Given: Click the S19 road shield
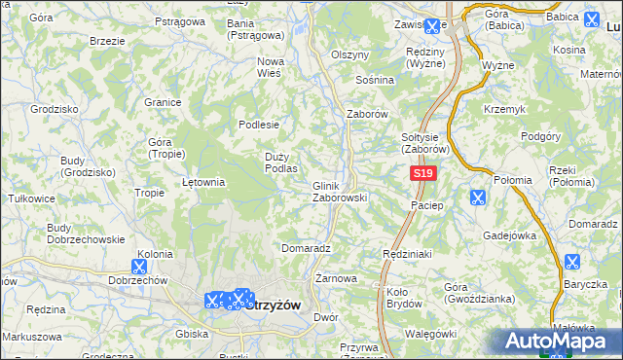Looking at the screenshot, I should pyautogui.click(x=421, y=173).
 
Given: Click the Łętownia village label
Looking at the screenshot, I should pyautogui.click(x=203, y=182).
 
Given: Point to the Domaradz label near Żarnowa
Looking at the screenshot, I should pyautogui.click(x=307, y=248).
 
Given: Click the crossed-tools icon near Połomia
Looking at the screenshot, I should pyautogui.click(x=478, y=198).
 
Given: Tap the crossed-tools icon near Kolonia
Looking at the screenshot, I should pyautogui.click(x=139, y=264).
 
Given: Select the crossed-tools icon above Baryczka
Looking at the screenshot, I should pyautogui.click(x=571, y=262).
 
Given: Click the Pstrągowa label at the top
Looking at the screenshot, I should pyautogui.click(x=177, y=18).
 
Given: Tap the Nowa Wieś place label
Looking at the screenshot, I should pyautogui.click(x=270, y=67).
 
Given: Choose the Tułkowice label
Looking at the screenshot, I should pyautogui.click(x=30, y=198).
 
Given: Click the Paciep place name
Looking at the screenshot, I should pyautogui.click(x=427, y=205).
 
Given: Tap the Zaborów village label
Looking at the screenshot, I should pyautogui.click(x=368, y=114).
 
